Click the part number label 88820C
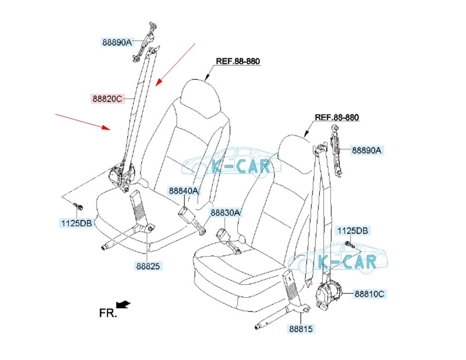click(x=107, y=99)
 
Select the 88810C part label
click(x=370, y=294)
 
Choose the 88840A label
click(x=183, y=191)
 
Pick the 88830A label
click(x=225, y=213)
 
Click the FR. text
click(x=108, y=313)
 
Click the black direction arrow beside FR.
click(x=125, y=305)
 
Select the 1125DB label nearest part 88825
click(x=76, y=223)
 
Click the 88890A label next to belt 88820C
click(x=116, y=42)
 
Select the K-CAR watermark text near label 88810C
click(x=347, y=262)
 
